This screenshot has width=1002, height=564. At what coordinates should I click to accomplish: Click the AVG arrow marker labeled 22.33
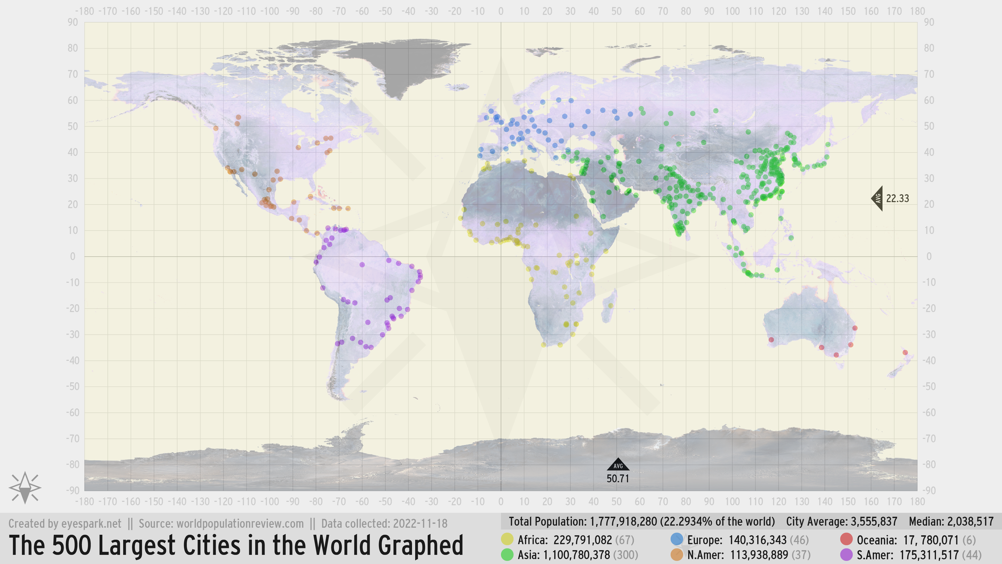(878, 198)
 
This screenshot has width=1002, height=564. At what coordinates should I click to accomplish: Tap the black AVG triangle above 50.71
(618, 465)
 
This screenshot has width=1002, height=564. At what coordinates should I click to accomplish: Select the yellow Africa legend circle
(507, 539)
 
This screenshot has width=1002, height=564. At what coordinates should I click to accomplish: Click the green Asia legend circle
(507, 554)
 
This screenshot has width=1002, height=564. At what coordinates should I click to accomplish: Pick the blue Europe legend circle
(676, 539)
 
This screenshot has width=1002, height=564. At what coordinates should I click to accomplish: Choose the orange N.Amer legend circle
(676, 554)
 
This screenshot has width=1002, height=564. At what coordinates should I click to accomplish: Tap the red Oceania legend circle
(846, 539)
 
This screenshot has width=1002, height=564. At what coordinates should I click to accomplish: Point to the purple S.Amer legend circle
(846, 554)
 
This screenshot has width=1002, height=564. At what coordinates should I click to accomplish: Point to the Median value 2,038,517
(970, 521)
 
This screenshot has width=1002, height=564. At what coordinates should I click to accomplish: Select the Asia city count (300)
(626, 555)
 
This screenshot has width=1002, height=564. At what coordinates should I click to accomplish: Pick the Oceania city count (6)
(969, 540)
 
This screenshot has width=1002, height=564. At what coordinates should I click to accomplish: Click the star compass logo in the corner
(25, 487)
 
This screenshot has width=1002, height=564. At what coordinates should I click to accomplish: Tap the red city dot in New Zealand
(905, 352)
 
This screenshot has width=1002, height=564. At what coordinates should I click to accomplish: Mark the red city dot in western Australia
(771, 340)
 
